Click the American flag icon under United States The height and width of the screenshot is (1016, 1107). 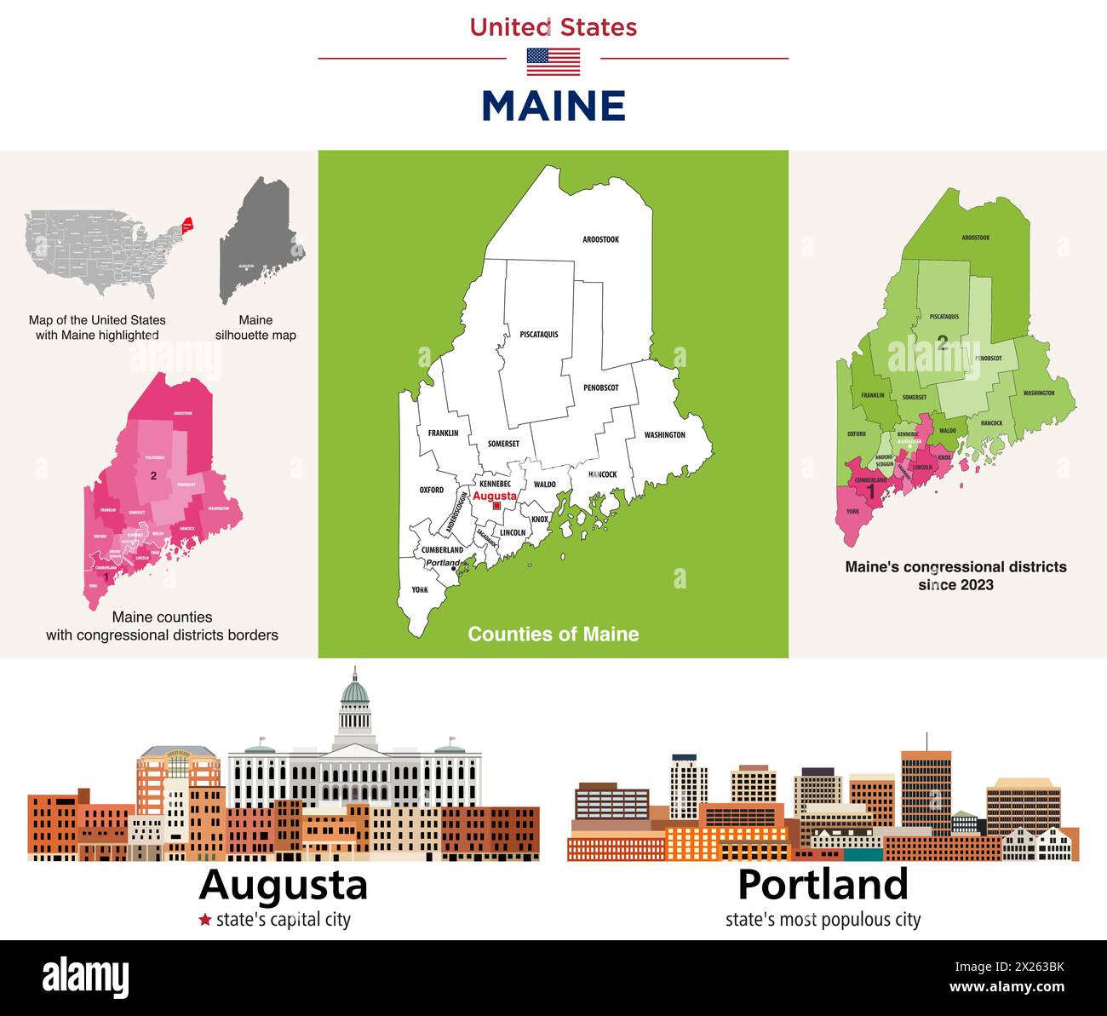[x=553, y=62]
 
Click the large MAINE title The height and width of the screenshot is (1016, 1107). [x=553, y=106]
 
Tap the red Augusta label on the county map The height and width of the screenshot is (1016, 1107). [x=494, y=496]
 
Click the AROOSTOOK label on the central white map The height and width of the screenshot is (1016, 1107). [x=600, y=240]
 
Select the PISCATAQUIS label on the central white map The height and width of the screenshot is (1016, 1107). [x=539, y=335]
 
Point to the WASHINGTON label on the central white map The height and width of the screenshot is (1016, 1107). [x=664, y=435]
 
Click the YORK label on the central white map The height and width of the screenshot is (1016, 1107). [x=420, y=589]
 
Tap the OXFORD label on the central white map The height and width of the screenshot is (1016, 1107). [x=432, y=491]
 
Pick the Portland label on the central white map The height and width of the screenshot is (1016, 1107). [x=442, y=563]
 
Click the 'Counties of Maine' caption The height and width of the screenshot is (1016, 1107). [x=553, y=634]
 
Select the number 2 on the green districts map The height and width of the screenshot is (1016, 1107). [x=942, y=343]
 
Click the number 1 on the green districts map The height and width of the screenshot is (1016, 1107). [x=870, y=491]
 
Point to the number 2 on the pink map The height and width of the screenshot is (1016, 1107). [x=153, y=475]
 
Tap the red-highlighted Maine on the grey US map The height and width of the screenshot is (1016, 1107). [x=187, y=225]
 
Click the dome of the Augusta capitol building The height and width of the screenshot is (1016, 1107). [x=354, y=690]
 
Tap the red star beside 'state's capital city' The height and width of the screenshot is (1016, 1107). [x=204, y=920]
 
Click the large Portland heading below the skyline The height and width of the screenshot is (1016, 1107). [x=823, y=884]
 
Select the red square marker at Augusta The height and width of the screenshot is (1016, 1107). [x=496, y=506]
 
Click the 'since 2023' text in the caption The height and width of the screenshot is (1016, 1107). [x=955, y=585]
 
